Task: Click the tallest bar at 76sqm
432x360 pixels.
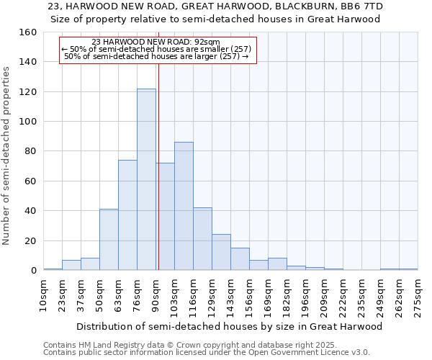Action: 146,179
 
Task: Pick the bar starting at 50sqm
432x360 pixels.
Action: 109,239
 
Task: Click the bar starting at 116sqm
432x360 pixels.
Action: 202,239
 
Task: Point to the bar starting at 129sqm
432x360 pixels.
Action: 221,252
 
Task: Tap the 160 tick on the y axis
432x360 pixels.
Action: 28,32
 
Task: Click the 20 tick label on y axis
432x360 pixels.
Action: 30,240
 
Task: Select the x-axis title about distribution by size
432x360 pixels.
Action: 230,326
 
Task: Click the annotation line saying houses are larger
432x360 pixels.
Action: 156,55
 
